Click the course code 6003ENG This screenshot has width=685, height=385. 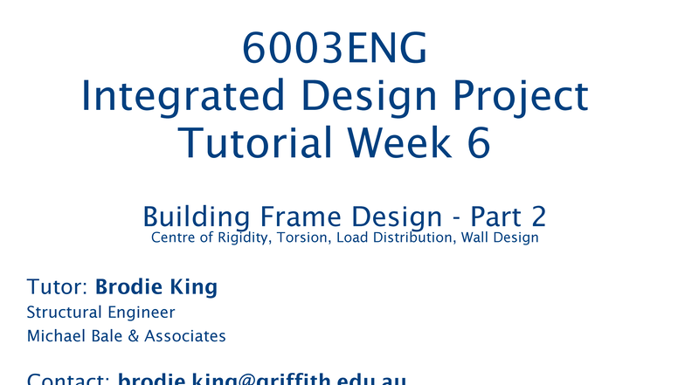point(335,51)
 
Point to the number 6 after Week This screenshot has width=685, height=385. point(477,142)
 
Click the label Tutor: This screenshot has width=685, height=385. point(58,287)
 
